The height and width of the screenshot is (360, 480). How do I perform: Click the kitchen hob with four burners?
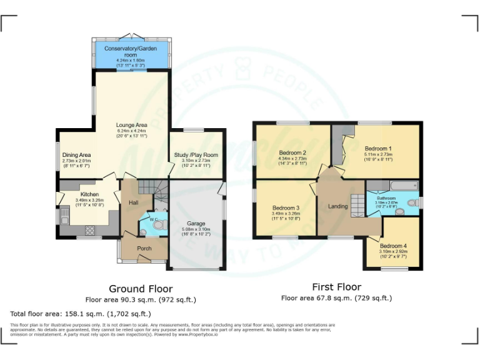[x=89, y=231]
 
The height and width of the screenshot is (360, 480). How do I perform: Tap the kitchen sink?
[x=64, y=217]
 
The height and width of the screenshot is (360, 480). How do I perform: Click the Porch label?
[x=144, y=248]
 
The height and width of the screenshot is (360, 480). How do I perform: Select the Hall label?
[x=133, y=202]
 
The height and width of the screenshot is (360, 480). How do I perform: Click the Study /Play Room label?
[x=196, y=154]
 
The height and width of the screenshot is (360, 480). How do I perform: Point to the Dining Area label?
[x=76, y=154]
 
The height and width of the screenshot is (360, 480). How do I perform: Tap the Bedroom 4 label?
[x=394, y=246]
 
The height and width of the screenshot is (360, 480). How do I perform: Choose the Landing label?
[x=337, y=206]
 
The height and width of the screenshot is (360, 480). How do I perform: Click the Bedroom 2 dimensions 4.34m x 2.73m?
[x=292, y=159]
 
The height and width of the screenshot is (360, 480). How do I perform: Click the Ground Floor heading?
[x=141, y=289]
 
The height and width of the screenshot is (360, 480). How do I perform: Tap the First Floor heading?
[x=336, y=287]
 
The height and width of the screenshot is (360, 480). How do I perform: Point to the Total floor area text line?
[x=81, y=314]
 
